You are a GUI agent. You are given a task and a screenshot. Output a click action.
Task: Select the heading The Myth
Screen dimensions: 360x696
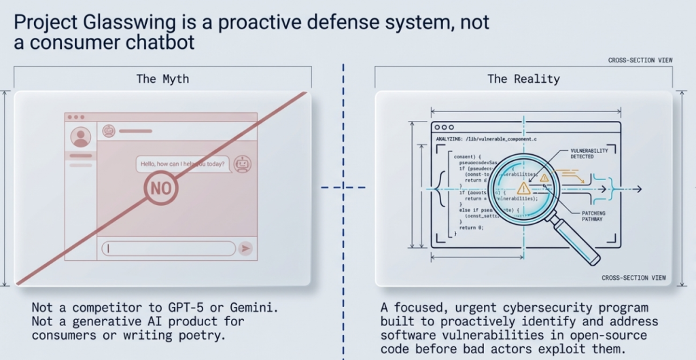[162, 79]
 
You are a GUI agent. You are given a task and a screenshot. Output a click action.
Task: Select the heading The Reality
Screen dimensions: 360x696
[523, 79]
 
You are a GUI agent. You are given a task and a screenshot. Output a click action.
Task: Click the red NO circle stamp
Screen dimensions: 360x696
[160, 188]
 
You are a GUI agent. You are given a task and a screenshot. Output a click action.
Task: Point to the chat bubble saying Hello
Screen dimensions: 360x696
[181, 164]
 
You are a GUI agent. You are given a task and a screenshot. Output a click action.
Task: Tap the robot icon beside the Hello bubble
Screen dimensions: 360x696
[243, 164]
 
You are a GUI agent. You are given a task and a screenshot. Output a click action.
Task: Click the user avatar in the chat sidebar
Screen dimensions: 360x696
[81, 138]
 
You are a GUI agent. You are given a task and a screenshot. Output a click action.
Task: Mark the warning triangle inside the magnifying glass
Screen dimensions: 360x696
[523, 188]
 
